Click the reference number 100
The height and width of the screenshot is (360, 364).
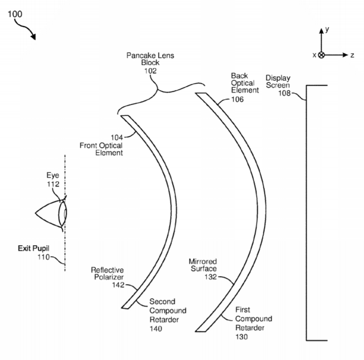point(15,14)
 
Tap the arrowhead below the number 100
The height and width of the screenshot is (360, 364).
point(33,36)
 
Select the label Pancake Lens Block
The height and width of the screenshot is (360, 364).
point(150,59)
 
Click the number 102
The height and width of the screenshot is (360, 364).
point(151,71)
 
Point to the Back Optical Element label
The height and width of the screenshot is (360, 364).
point(245,83)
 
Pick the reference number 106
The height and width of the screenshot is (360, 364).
point(237,99)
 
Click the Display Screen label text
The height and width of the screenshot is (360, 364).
point(278,81)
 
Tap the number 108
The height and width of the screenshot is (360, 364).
point(284,93)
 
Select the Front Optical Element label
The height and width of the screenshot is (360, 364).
point(101,149)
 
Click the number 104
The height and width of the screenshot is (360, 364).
point(117,138)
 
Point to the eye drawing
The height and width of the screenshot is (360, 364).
point(51,213)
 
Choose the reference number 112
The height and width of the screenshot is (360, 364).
point(53,184)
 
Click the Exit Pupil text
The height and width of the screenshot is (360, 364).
point(34,248)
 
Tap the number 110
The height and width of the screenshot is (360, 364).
point(44,257)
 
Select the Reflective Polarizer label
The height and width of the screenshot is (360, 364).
point(107,273)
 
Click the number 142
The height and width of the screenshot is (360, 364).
point(118,285)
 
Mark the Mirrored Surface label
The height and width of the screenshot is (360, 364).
point(203,265)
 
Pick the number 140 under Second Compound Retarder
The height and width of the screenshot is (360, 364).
point(156,329)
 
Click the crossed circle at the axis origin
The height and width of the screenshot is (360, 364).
point(321,55)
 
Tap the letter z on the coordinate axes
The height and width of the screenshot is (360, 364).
point(352,55)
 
